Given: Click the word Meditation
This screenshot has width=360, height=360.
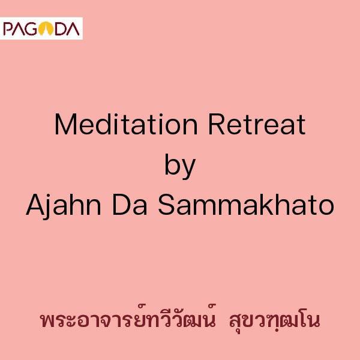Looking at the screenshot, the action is pyautogui.click(x=126, y=124).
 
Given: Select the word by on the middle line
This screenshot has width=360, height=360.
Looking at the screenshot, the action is pyautogui.click(x=180, y=166).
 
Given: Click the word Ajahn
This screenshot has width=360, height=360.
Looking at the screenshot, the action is pyautogui.click(x=64, y=205).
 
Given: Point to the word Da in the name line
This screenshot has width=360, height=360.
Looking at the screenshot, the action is pyautogui.click(x=130, y=205).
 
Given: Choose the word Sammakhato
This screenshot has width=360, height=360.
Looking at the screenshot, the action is pyautogui.click(x=246, y=205).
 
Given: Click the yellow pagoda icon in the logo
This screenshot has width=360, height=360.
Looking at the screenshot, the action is pyautogui.click(x=46, y=29).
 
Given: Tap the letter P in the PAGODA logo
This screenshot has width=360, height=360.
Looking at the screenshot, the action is pyautogui.click(x=8, y=29).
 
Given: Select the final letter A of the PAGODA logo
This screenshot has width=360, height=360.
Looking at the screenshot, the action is pyautogui.click(x=73, y=29).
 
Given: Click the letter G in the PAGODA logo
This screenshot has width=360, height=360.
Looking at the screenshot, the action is pyautogui.click(x=32, y=29).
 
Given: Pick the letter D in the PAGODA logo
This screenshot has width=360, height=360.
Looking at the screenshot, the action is pyautogui.click(x=61, y=29).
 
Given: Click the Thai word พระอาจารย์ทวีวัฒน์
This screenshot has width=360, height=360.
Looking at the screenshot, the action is pyautogui.click(x=128, y=319).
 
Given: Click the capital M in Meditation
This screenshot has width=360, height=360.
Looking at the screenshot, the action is pyautogui.click(x=65, y=124).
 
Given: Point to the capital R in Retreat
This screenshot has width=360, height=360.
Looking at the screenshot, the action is pyautogui.click(x=217, y=124).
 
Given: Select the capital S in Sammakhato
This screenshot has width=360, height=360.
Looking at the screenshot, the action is pyautogui.click(x=167, y=205).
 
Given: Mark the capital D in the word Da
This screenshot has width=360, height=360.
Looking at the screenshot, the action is pyautogui.click(x=121, y=205).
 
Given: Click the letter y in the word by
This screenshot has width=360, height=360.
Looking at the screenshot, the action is pyautogui.click(x=188, y=169).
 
